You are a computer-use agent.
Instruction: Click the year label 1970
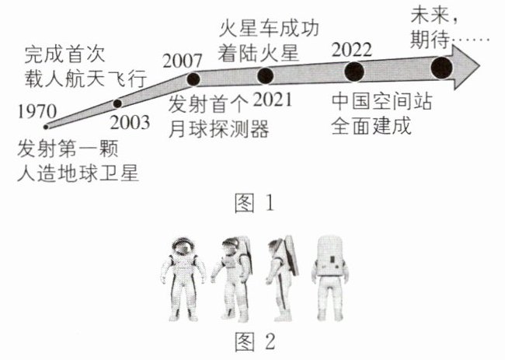pos(37,111)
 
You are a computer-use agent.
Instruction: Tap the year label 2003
pos(130,123)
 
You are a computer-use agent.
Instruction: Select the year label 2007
pos(183,61)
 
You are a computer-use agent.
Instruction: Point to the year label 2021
pos(273,100)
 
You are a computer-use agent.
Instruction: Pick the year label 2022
pos(352,50)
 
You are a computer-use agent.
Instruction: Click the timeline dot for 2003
pos(117,103)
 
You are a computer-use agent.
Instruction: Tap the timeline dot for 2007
pos(193,79)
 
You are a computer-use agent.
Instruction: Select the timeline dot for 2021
pos(266,76)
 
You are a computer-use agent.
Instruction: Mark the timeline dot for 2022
pos(354,72)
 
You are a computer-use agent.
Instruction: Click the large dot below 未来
pos(442,68)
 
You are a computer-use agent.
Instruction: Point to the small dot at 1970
pos(46,127)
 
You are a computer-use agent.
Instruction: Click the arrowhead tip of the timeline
pos(480,66)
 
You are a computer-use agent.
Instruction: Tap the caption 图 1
pos(254,204)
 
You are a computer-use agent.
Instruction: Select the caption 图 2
pos(255,341)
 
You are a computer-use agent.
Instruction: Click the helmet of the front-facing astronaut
pos(183,246)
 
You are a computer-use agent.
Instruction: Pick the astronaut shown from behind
pos(329,278)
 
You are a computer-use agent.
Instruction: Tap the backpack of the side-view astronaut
pos(291,254)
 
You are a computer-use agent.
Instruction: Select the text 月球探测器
pos(219,129)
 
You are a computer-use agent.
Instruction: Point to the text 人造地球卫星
pos(78,173)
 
